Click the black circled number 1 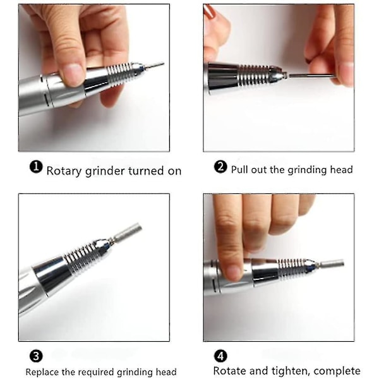click(x=36, y=167)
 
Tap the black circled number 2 click(x=220, y=167)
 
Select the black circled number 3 click(x=36, y=356)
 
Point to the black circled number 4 click(x=220, y=356)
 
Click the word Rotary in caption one click(x=64, y=171)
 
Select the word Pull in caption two click(x=239, y=169)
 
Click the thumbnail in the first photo click(x=72, y=74)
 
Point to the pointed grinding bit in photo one click(x=154, y=65)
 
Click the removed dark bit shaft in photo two click(x=312, y=76)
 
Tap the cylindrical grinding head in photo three click(x=127, y=232)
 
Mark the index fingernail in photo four click(x=232, y=272)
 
